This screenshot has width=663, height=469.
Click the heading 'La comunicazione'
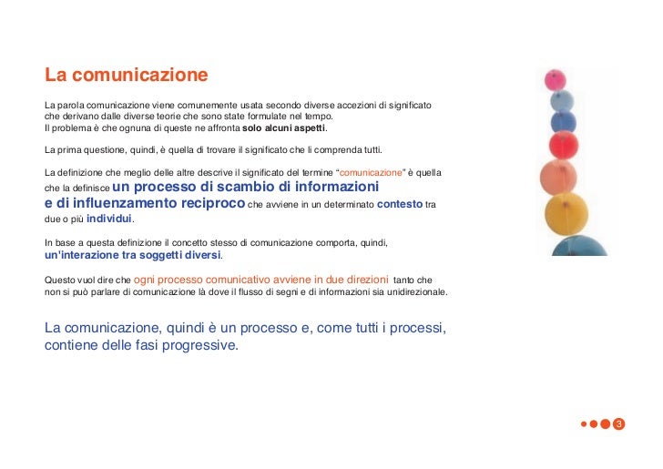click(x=126, y=74)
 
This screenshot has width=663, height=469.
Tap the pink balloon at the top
click(x=554, y=80)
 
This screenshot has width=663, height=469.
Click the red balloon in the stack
click(x=565, y=144)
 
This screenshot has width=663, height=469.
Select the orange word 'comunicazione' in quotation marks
click(x=370, y=171)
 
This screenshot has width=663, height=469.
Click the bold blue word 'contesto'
click(x=399, y=205)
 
